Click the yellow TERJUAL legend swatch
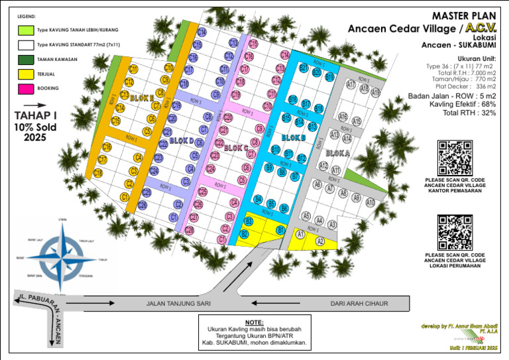[x=25, y=74]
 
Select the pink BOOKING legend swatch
[x=25, y=88]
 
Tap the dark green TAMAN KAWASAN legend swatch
[x=25, y=60]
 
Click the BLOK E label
[x=142, y=97]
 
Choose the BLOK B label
[x=293, y=137]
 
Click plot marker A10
[x=370, y=202]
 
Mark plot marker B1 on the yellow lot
[x=280, y=229]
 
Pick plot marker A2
[x=320, y=241]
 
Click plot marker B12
[x=302, y=158]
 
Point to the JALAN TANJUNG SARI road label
[x=178, y=304]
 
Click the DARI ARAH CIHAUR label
[x=359, y=304]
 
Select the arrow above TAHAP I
[x=36, y=105]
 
